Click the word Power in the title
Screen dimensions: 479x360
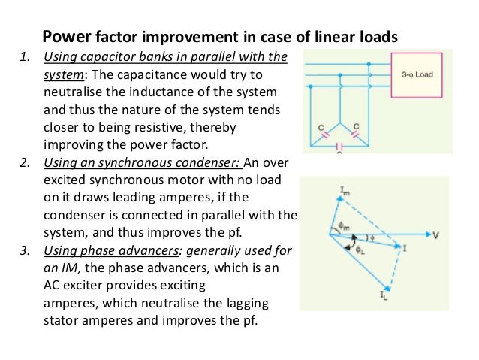[65, 37]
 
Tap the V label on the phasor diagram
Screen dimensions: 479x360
[436, 235]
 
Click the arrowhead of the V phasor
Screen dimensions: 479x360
[425, 234]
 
